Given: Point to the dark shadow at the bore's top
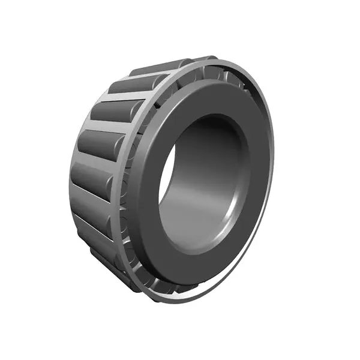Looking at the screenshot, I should click(210, 129).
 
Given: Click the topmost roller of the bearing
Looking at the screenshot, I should click(157, 67).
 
